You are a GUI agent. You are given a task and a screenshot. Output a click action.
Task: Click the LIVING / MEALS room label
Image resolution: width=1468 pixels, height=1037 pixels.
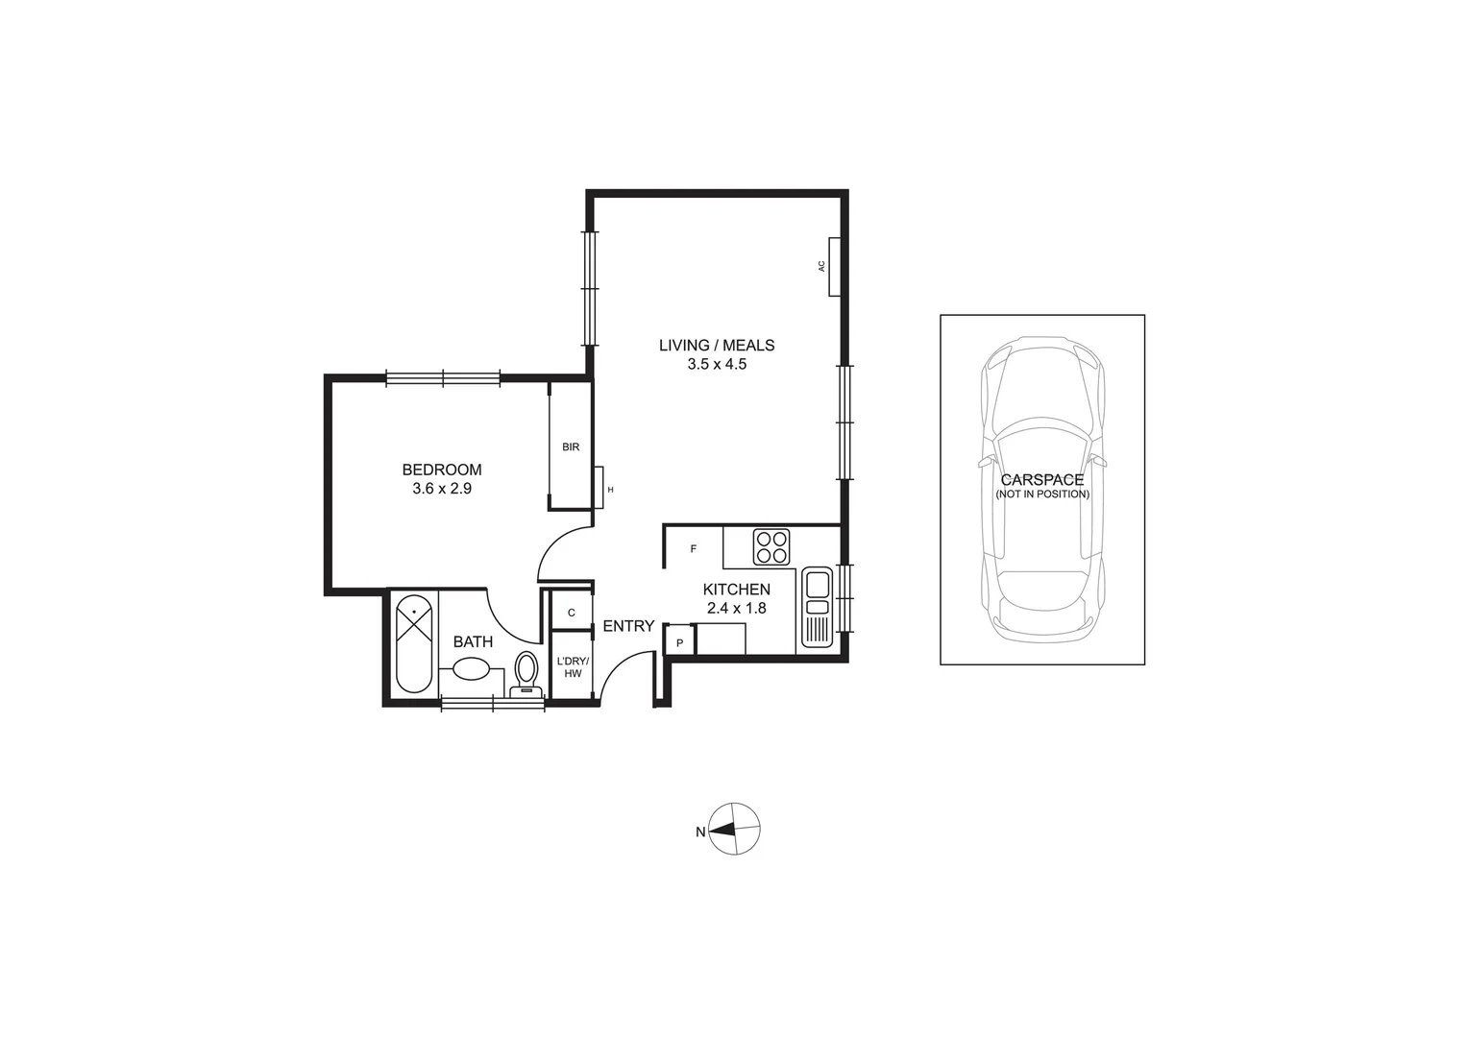pyautogui.click(x=716, y=345)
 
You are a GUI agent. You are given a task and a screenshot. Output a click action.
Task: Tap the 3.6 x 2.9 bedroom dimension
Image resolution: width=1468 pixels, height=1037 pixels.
pyautogui.click(x=441, y=488)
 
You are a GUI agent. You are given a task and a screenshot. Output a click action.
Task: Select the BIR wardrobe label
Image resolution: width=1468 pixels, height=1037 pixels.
pyautogui.click(x=571, y=446)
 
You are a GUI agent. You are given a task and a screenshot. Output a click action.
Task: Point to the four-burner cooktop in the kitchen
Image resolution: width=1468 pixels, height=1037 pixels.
pyautogui.click(x=771, y=546)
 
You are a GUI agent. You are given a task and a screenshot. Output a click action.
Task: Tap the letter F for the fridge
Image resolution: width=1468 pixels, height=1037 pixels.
pyautogui.click(x=694, y=549)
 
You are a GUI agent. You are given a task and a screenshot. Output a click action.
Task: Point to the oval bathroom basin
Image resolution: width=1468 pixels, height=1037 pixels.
pyautogui.click(x=472, y=669)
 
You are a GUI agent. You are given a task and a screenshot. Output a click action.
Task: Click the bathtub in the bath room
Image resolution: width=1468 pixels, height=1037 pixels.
pyautogui.click(x=414, y=642)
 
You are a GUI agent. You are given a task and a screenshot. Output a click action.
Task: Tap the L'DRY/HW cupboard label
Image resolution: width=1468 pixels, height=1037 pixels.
pyautogui.click(x=573, y=666)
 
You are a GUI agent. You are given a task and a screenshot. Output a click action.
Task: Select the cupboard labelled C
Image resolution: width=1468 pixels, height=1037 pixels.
pyautogui.click(x=571, y=613)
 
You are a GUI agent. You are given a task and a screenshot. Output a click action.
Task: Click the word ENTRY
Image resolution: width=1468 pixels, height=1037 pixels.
pyautogui.click(x=628, y=626)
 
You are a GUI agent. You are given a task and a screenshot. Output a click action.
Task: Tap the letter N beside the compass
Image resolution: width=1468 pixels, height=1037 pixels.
pyautogui.click(x=700, y=832)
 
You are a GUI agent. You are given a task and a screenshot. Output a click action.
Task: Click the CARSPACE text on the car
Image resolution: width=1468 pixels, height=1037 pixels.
pyautogui.click(x=1041, y=479)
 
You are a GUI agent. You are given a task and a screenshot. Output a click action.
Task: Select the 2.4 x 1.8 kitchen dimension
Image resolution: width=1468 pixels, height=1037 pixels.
pyautogui.click(x=736, y=608)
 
